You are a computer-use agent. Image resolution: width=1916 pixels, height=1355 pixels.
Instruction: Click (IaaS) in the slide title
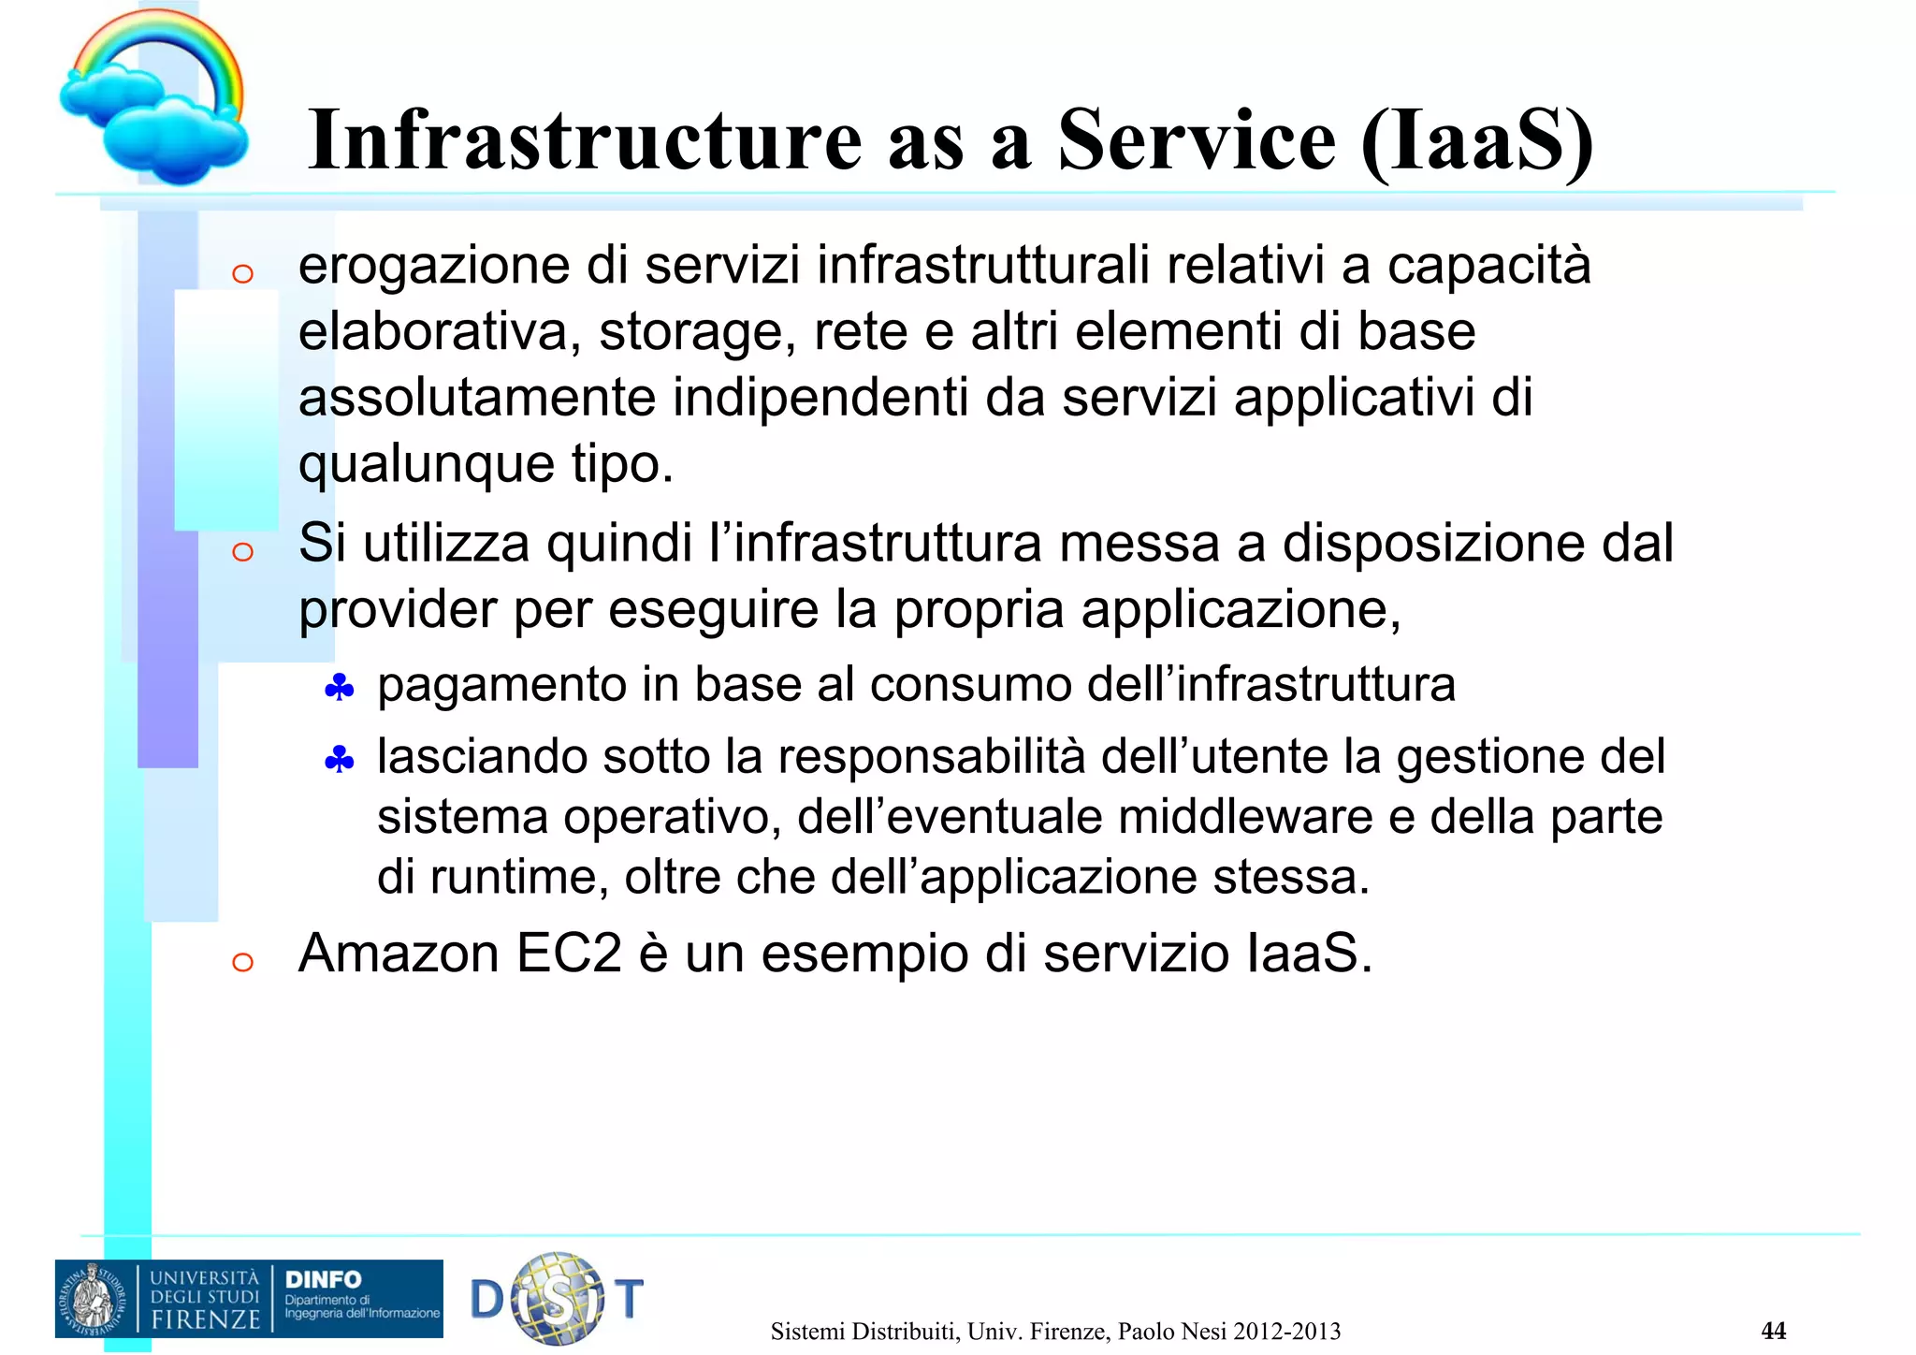(1477, 142)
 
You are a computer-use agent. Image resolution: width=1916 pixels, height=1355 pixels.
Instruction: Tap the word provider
(397, 611)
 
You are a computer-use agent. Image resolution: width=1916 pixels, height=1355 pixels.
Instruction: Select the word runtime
(518, 878)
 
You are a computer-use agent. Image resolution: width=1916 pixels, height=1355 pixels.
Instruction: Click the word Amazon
(398, 954)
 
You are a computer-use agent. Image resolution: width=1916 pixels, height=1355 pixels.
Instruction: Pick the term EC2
(569, 954)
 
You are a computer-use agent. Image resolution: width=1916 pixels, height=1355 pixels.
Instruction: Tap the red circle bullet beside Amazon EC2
(242, 962)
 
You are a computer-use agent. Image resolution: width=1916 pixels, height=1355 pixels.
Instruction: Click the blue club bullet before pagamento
(339, 690)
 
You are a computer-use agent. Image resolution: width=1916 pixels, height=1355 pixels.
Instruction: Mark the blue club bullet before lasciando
(339, 761)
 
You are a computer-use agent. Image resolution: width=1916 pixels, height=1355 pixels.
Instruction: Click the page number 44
(1773, 1331)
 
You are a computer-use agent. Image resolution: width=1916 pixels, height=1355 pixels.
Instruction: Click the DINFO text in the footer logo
(323, 1280)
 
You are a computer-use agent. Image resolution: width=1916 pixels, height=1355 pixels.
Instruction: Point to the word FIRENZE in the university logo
(206, 1319)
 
